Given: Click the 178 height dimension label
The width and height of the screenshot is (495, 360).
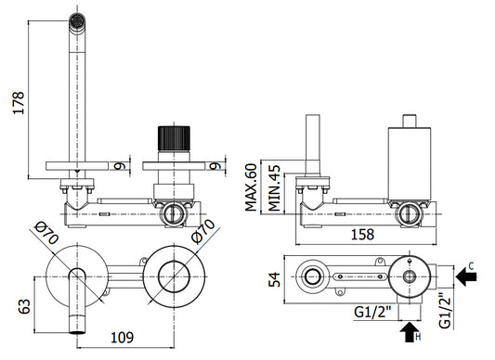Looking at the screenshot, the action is click(x=19, y=103).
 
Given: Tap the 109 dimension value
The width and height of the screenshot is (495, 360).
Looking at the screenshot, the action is click(x=123, y=338).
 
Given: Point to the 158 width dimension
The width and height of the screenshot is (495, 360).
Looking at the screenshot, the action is click(x=362, y=235).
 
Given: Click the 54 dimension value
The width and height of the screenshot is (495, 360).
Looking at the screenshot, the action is click(x=274, y=279).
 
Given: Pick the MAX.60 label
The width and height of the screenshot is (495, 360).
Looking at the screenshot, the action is click(x=252, y=187).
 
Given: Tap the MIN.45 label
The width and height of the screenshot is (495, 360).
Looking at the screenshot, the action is click(x=274, y=188).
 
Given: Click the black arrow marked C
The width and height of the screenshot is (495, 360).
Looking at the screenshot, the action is click(x=466, y=276).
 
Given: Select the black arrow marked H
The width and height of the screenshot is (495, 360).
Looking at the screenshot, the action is click(x=410, y=332).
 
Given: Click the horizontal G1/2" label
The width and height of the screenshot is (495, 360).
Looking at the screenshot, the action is click(x=372, y=313).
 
